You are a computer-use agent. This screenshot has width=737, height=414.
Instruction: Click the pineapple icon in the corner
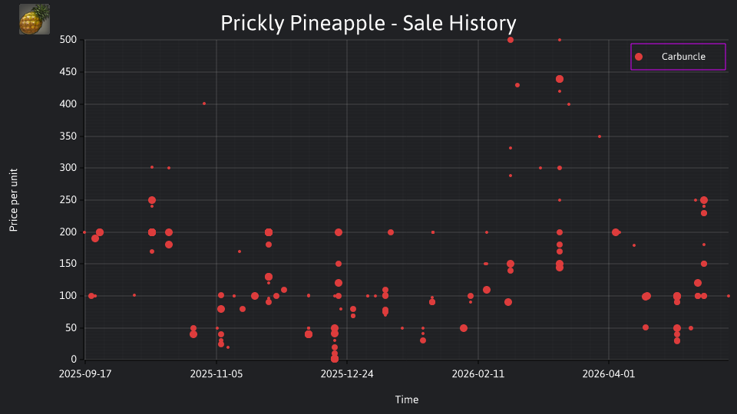pos(35,19)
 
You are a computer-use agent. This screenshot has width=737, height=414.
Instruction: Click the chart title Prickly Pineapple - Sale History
pos(368,23)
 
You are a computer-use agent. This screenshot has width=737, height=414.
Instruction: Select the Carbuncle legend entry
pos(678,57)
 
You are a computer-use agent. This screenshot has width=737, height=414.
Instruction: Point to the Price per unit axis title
pos(14,200)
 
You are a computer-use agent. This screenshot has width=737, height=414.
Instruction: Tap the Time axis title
pos(407,399)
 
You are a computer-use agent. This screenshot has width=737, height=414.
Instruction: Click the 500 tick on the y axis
pos(68,40)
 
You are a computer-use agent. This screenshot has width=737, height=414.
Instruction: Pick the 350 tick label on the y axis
pos(68,136)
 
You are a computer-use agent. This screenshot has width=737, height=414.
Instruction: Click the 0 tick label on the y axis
pos(74,359)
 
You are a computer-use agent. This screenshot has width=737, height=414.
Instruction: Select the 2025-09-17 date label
pos(85,373)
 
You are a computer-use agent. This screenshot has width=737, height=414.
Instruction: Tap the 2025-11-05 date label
pos(216,373)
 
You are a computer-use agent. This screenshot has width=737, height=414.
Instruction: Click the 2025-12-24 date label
pos(347,373)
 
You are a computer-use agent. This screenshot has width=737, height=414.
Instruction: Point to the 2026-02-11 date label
pos(478,373)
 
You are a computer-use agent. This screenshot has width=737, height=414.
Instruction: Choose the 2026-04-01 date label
pos(609,373)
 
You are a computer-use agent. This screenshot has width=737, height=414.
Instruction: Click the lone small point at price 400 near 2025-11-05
pos(204,103)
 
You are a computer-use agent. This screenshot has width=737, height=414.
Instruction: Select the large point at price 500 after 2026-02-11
pos(511,40)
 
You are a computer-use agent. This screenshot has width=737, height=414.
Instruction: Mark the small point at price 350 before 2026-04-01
pos(600,136)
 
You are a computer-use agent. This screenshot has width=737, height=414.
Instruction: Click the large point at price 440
pos(560,79)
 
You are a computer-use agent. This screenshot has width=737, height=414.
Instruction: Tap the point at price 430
pos(517,85)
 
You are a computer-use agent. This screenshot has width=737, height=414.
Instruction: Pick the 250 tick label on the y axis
pos(68,200)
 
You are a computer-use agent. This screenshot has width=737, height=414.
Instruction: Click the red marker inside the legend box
pos(639,57)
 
